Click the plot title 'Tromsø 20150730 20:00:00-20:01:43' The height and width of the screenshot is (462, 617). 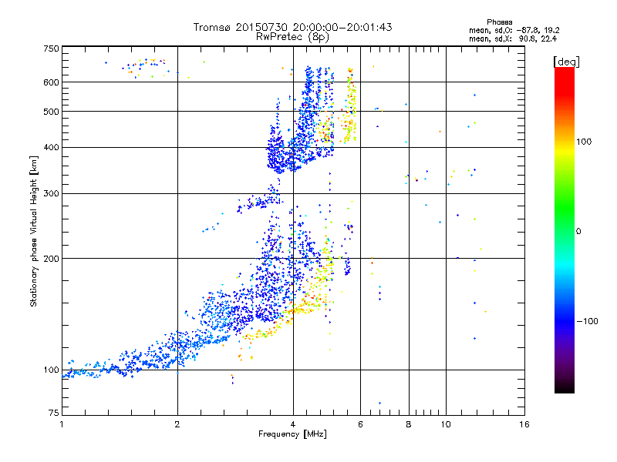[x=292, y=27]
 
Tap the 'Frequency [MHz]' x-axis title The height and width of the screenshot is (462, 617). [x=292, y=435]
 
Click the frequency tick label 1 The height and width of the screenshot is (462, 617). [x=62, y=424]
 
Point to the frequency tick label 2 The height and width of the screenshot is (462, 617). [x=177, y=424]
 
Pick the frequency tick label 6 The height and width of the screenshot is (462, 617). [x=361, y=424]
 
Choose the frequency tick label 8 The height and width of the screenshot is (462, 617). [x=409, y=424]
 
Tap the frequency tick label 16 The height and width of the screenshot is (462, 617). [x=524, y=424]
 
